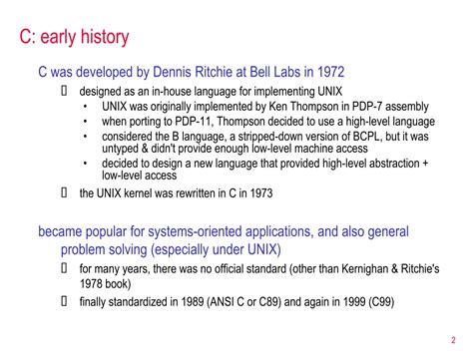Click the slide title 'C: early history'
point(74,39)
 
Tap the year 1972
point(328,73)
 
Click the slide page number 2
point(454,337)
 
